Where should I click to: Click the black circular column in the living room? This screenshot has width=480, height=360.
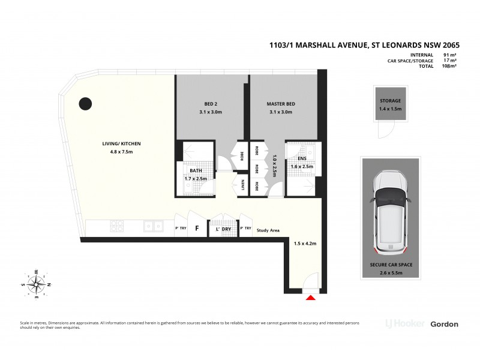coord(86,103)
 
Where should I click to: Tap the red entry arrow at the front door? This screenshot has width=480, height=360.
coord(311,297)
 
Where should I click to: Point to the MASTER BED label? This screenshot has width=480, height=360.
coord(281,104)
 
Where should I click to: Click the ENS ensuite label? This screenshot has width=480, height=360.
coord(302,159)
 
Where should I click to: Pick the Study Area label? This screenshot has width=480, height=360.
coord(267,229)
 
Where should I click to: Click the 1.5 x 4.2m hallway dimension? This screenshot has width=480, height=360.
coord(305,244)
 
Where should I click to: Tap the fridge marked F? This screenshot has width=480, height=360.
coord(196,229)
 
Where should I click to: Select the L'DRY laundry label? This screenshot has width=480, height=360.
coord(216,229)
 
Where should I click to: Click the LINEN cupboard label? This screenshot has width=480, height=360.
coord(242,185)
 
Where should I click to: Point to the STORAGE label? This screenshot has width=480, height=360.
coord(390,101)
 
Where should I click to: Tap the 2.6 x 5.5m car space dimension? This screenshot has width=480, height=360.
coord(390,272)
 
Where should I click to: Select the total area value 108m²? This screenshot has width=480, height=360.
coord(449,66)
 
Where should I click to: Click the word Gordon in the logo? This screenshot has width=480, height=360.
coord(444,324)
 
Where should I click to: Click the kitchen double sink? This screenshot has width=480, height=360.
coord(155,226)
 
